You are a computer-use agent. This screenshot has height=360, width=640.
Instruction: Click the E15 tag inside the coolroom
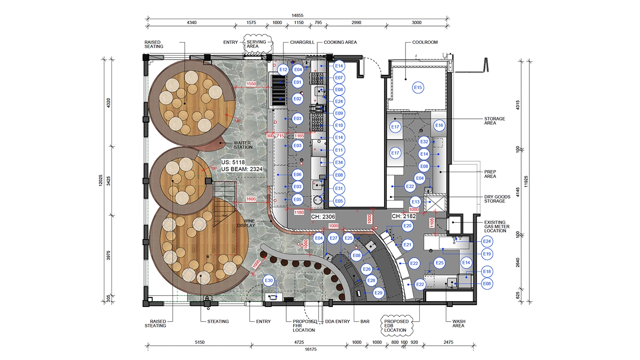point(418,88)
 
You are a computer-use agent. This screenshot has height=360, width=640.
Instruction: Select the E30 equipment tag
point(269,281)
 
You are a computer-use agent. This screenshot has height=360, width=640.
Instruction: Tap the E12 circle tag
point(283,69)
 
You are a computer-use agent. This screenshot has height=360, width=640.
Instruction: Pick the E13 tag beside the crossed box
point(416,202)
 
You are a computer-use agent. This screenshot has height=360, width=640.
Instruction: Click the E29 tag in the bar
point(379,293)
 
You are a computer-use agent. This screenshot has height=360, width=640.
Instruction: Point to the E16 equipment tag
point(439,125)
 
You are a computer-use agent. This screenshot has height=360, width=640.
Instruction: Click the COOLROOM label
point(425,42)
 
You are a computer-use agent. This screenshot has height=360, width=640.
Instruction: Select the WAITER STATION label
point(243,145)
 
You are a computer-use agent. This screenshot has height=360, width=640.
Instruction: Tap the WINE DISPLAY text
point(246,223)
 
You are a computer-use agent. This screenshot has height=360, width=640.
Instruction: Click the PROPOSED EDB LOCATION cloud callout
point(397,326)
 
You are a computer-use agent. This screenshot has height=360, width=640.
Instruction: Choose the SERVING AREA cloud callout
point(257,44)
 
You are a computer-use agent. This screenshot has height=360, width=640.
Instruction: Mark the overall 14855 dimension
point(298,16)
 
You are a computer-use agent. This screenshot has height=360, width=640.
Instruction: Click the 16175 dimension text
point(310,349)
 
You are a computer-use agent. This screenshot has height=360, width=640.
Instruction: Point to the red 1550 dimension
point(251,84)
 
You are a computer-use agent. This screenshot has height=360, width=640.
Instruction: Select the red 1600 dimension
point(251,199)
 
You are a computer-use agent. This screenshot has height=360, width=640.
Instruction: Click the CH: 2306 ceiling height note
point(323,217)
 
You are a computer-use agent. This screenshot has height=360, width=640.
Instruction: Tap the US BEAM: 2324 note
point(242,169)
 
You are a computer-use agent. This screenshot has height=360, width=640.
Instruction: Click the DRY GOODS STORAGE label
point(497,199)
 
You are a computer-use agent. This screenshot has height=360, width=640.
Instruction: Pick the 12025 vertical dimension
point(101,180)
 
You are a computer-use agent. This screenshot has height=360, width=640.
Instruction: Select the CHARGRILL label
point(302,42)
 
